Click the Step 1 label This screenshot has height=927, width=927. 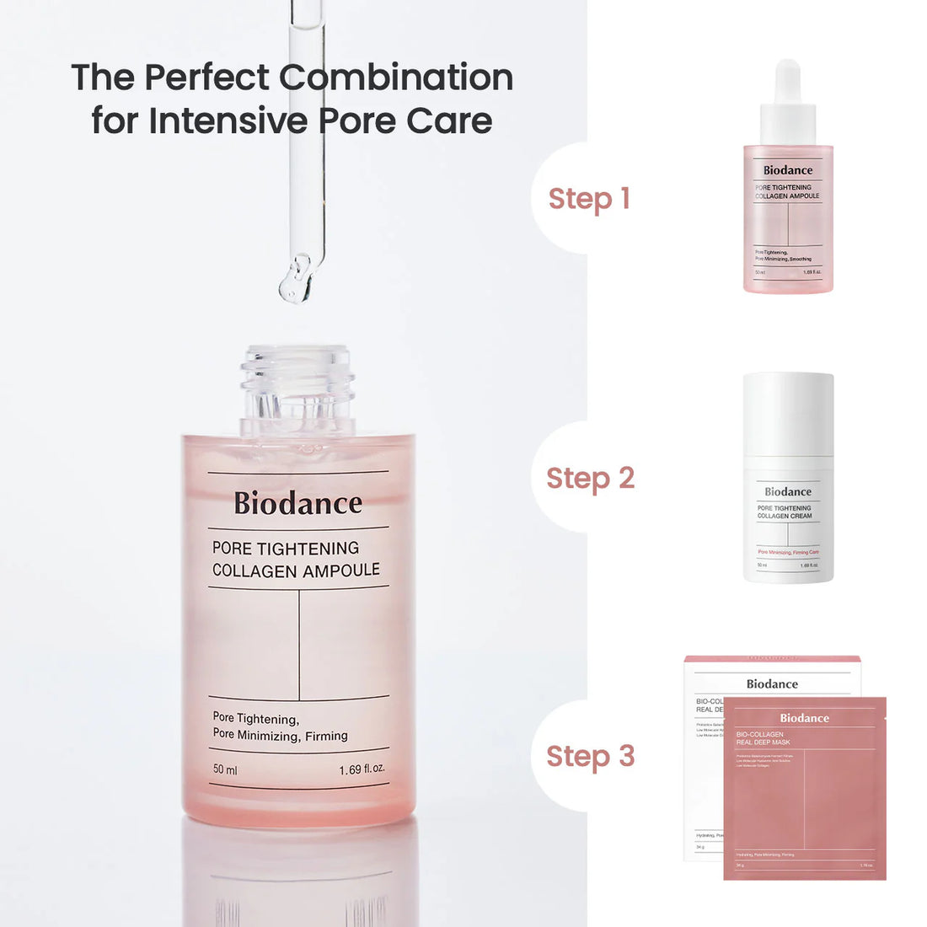589,199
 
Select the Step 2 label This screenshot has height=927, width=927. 590,478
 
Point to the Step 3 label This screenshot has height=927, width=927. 590,756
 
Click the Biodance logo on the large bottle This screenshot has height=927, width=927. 297,503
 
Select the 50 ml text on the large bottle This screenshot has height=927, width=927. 225,769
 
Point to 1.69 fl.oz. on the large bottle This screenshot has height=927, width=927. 362,769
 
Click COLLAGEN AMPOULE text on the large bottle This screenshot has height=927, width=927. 296,571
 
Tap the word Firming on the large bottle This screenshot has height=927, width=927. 326,736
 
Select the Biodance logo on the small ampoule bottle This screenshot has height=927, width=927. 788,170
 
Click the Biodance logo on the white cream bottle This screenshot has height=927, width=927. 788,491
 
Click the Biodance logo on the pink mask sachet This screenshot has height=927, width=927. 804,718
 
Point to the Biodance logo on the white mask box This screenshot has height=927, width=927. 772,684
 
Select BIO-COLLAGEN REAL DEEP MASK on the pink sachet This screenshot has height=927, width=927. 763,738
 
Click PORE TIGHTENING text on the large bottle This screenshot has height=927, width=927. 286,548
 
